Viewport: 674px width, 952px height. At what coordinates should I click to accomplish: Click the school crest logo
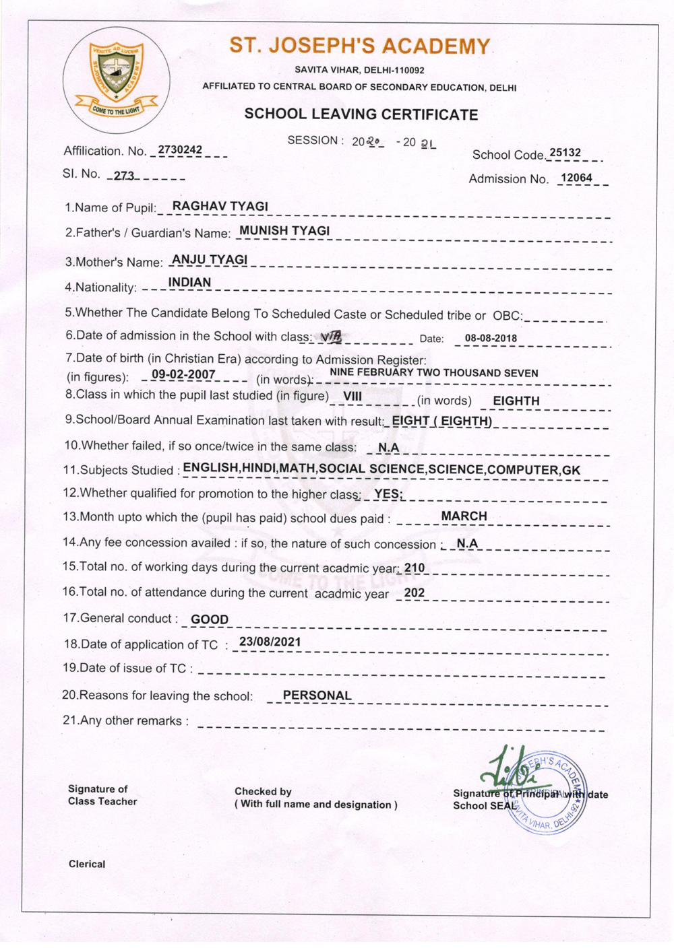pos(116,79)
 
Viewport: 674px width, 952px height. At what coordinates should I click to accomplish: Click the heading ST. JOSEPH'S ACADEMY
pos(360,46)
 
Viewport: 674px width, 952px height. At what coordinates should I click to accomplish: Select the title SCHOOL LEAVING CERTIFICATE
pos(361,114)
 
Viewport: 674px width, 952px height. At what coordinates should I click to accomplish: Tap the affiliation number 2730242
pos(180,149)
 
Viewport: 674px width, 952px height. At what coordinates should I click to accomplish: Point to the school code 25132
pos(565,153)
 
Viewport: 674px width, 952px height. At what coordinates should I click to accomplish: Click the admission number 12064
pos(576,178)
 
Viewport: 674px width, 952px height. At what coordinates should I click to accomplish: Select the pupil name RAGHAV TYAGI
pos(220,206)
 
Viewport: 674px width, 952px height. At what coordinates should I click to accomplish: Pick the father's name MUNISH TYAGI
pos(284,231)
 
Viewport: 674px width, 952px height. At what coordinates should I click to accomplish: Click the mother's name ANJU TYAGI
pos(210,259)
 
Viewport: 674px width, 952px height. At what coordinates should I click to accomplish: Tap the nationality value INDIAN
pos(189,282)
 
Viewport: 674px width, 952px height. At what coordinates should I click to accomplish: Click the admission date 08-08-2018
pos(491,339)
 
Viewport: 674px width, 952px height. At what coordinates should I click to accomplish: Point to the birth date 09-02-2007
pos(183,374)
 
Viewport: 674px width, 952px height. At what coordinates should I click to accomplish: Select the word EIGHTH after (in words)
pos(516,401)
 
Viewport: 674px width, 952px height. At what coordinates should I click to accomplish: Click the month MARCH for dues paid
pos(464,516)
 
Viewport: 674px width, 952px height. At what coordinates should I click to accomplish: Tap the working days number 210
pos(415,568)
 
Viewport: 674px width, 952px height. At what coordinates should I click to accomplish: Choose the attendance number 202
pos(415,593)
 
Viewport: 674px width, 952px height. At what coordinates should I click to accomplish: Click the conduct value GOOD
pos(210,619)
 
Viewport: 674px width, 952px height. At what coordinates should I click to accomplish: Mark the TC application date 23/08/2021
pos(270,642)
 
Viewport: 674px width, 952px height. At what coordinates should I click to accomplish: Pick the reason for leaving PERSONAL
pos(317,695)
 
